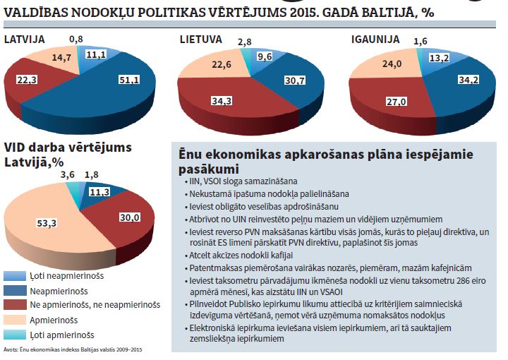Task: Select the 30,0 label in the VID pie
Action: click(129, 217)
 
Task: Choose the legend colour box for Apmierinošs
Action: click(13, 319)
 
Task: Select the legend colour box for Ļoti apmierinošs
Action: click(13, 335)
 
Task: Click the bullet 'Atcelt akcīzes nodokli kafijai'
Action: click(243, 256)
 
